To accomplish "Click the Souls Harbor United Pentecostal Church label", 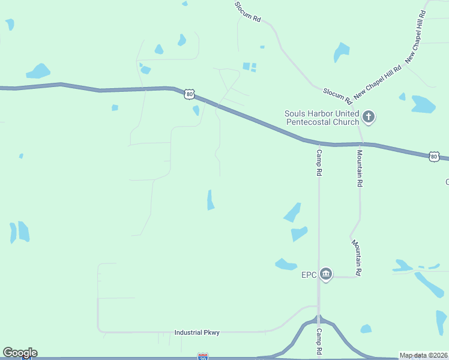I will (x=322, y=117).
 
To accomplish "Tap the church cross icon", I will (x=369, y=116).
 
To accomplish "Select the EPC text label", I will (x=309, y=275).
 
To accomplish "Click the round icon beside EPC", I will (x=326, y=275).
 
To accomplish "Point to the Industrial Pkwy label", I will (x=193, y=332).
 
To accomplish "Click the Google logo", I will (x=20, y=353).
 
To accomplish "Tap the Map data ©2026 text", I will (x=423, y=355).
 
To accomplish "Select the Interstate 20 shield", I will (x=203, y=356).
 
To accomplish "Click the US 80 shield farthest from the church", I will (x=190, y=94).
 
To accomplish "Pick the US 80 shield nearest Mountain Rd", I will (x=434, y=157).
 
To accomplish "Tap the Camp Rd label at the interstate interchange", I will (x=319, y=340).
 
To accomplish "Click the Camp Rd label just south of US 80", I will (x=319, y=163).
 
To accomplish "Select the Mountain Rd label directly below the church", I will (x=360, y=167).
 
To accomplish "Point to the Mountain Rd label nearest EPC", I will (x=357, y=257).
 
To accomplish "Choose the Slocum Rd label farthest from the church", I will (x=248, y=11).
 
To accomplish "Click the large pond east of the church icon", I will (x=423, y=104).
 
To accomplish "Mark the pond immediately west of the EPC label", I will (x=286, y=264).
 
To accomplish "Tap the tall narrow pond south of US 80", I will (x=210, y=200).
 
